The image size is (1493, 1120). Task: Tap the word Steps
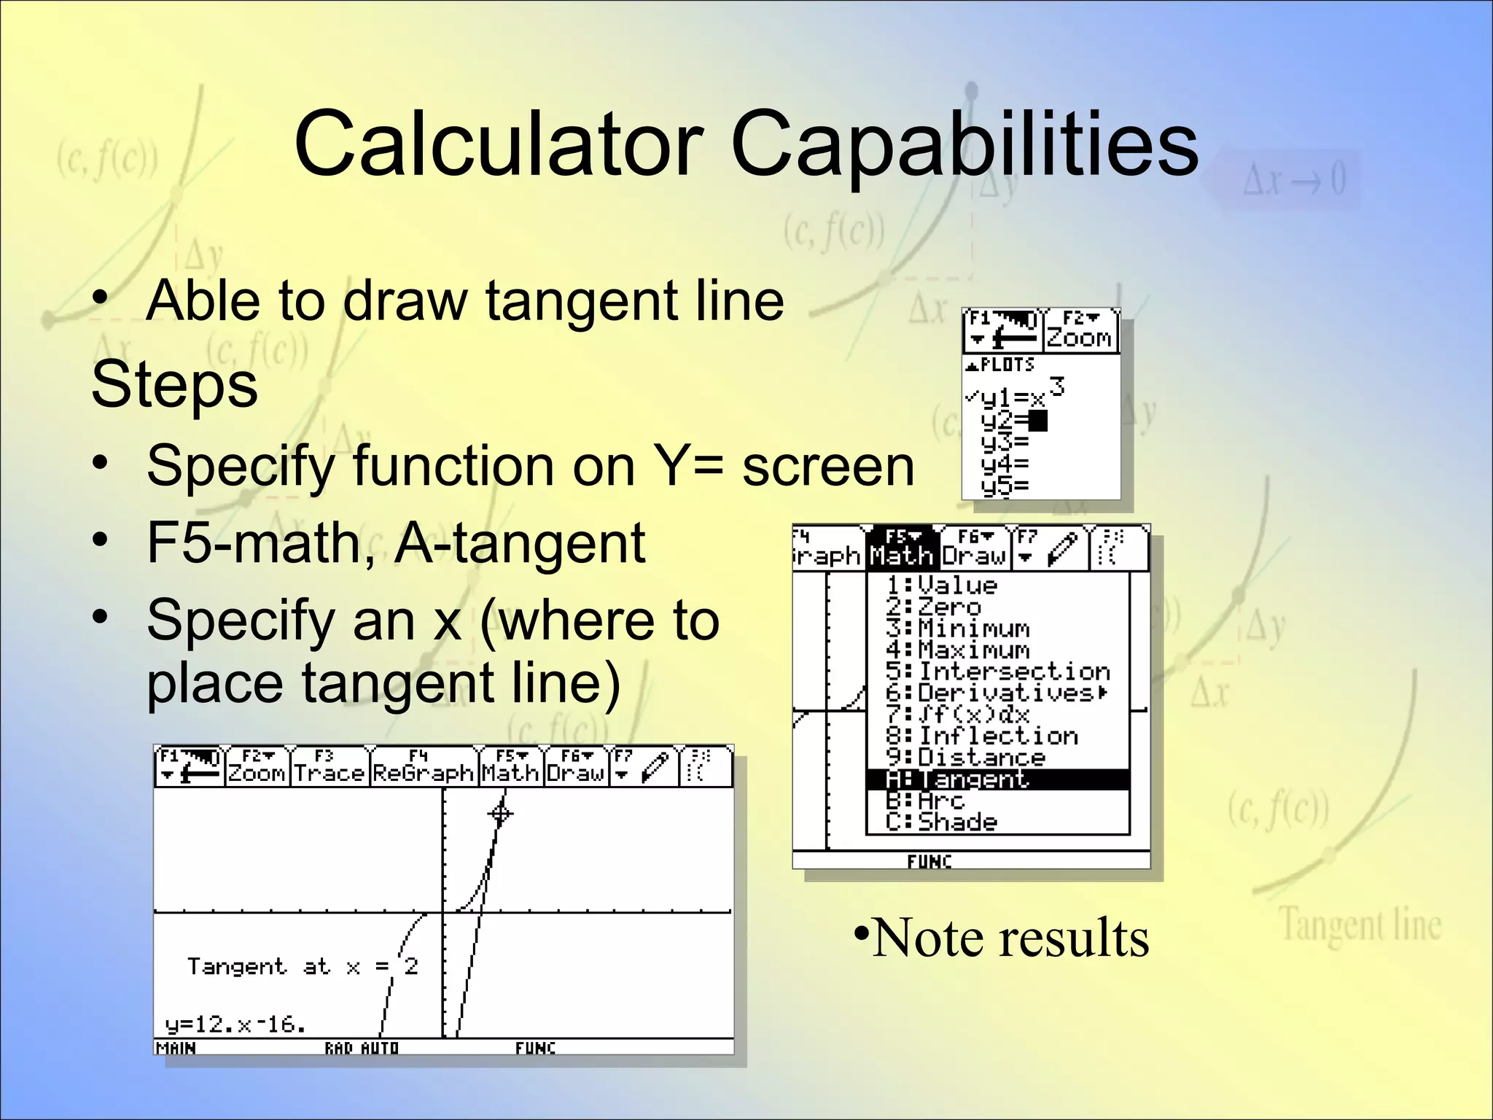pos(174,385)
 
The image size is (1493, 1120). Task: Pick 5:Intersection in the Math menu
pos(997,671)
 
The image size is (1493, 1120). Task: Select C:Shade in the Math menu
pos(941,822)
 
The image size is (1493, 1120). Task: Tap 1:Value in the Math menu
pos(941,586)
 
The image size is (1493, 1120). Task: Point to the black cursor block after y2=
pos(1038,421)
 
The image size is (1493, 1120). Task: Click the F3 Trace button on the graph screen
pos(328,766)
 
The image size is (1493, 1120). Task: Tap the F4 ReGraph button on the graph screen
pos(423,766)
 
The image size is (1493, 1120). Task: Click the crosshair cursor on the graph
pos(500,813)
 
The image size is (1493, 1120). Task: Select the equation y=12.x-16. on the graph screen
pos(235,1024)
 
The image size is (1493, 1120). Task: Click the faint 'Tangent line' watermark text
pos(1360,925)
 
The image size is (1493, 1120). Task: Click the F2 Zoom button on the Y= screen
pos(1079,330)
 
